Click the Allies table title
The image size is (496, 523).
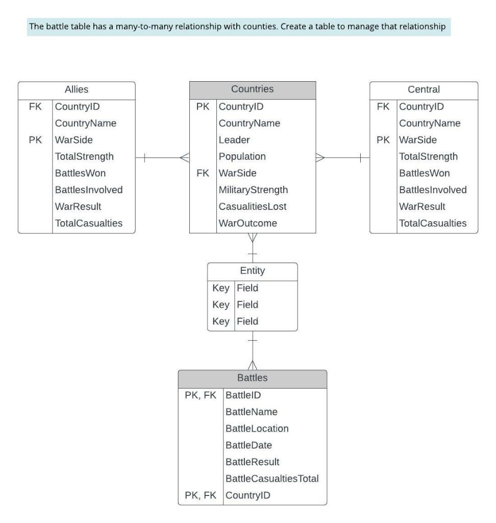coord(77,89)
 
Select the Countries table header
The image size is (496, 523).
coord(252,89)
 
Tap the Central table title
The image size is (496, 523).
coord(424,89)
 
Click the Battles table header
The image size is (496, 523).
coord(252,378)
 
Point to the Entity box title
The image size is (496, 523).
coord(252,271)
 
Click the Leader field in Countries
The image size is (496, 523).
coord(234,140)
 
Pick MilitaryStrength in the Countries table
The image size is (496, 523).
coord(253,190)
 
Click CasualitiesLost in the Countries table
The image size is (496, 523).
coord(253,207)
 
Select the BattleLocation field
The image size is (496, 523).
coord(257,429)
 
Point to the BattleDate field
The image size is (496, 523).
coord(249,445)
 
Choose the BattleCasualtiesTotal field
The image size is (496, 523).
coord(272,479)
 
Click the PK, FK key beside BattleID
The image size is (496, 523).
coord(201,395)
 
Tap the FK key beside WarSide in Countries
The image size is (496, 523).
coord(203,173)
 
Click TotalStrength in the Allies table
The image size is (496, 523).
coord(84,157)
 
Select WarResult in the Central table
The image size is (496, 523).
coord(422,207)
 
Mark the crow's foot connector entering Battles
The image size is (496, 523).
coord(253,364)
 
